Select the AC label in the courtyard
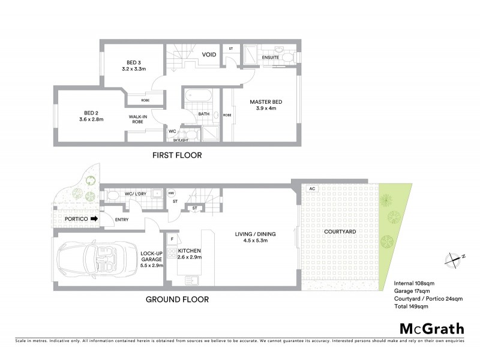click(311, 188)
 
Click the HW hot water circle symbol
click(171, 194)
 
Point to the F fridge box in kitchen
click(172, 239)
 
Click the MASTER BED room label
click(265, 105)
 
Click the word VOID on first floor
click(209, 55)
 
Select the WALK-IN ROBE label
click(138, 119)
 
